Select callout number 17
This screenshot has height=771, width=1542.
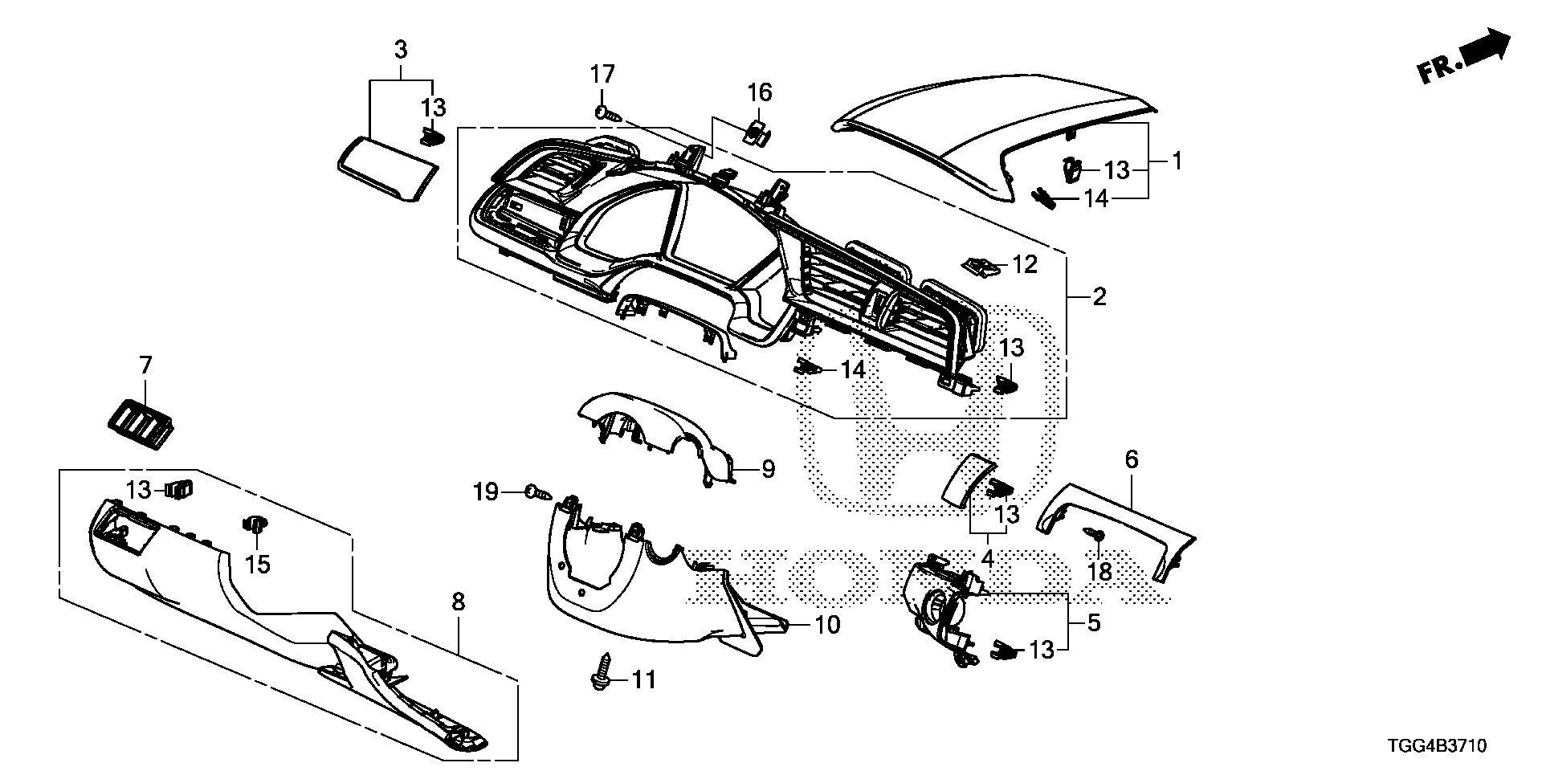click(x=602, y=75)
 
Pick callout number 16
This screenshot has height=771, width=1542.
click(x=760, y=93)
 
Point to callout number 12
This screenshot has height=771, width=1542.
click(x=1024, y=263)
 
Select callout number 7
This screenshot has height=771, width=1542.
click(x=145, y=365)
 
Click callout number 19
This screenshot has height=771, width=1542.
click(x=486, y=492)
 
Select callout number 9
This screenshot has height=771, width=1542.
click(x=768, y=468)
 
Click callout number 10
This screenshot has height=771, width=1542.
click(x=827, y=624)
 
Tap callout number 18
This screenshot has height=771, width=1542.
click(x=1099, y=572)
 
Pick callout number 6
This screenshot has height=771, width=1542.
click(x=1131, y=460)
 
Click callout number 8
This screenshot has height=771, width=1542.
click(x=459, y=602)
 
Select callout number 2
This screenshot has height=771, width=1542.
click(x=1099, y=297)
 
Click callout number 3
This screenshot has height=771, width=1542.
click(x=400, y=50)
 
